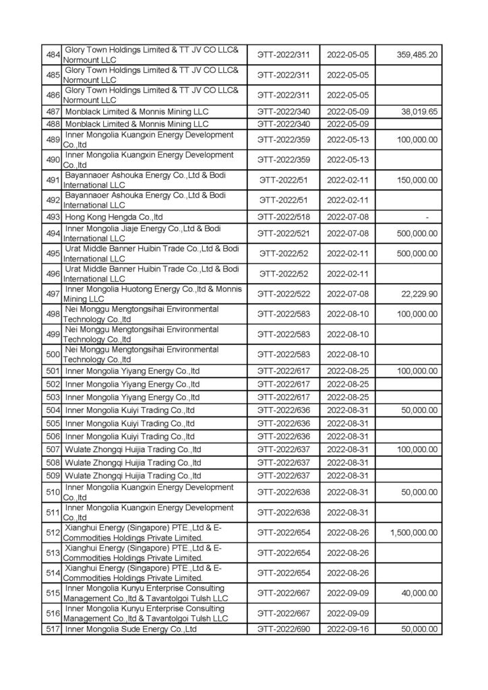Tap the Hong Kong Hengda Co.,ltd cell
tap(114, 216)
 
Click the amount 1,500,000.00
tap(414, 532)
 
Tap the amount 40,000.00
tap(419, 593)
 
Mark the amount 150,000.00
tap(417, 180)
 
